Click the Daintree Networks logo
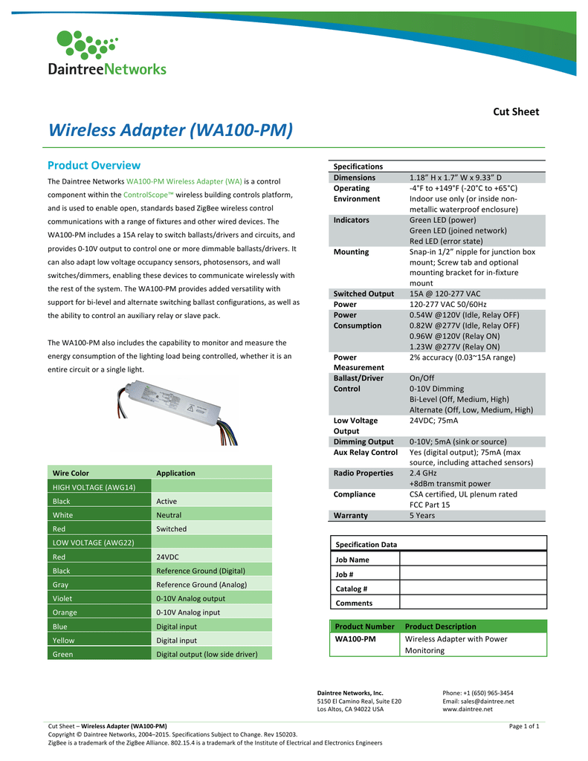click(x=106, y=53)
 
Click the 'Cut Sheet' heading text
click(x=516, y=111)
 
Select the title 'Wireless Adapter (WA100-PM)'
click(x=170, y=130)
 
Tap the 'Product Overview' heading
click(x=94, y=165)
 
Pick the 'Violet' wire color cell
click(x=62, y=598)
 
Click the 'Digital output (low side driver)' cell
click(x=207, y=654)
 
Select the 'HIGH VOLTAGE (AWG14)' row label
click(x=94, y=487)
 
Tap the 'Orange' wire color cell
click(x=65, y=612)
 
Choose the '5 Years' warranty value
click(x=422, y=515)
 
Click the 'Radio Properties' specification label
click(x=363, y=473)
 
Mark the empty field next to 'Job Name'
click(x=472, y=560)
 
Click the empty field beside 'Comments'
click(x=472, y=603)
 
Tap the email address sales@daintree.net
click(x=478, y=701)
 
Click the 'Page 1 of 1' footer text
click(x=524, y=725)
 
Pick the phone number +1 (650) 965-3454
click(x=477, y=693)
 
